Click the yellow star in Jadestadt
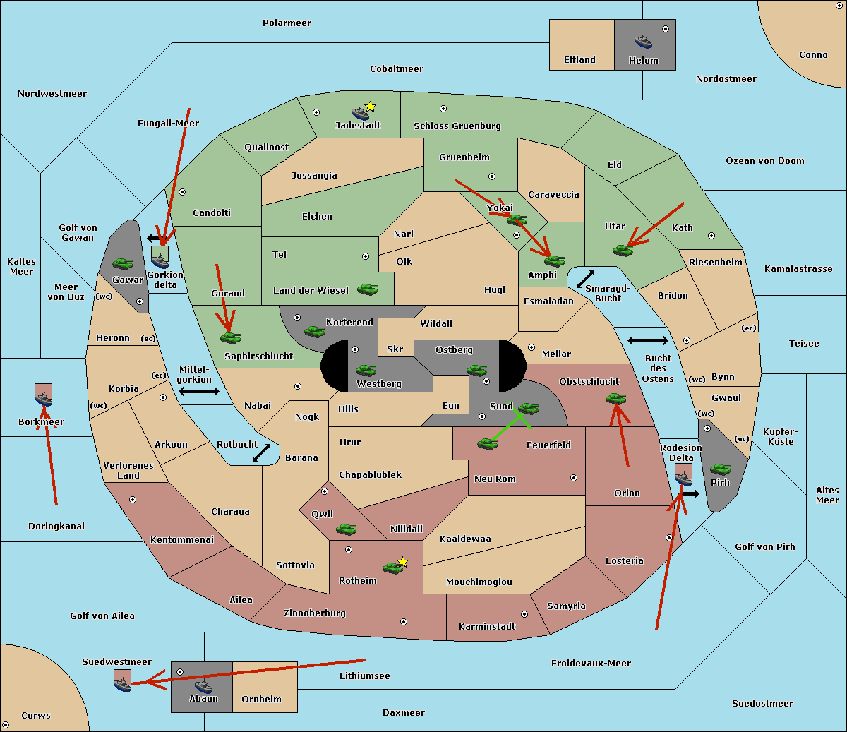coord(370,107)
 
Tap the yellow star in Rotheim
coord(402,561)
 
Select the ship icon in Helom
coord(643,41)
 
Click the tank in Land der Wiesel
coord(367,289)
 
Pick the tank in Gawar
coord(123,263)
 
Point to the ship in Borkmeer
coord(44,397)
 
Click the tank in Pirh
coord(720,469)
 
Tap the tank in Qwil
coord(347,529)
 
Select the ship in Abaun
coord(204,686)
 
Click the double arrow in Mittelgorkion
coord(199,392)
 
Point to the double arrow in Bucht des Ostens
coord(648,340)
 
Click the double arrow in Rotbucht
coord(261,453)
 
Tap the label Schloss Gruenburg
coord(457,126)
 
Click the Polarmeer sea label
coord(287,23)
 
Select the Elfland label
coord(579,60)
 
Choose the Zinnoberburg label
coord(315,613)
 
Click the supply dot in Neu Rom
coord(574,478)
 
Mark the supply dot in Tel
coord(366,256)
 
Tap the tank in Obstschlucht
coord(616,398)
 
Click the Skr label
coord(395,349)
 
